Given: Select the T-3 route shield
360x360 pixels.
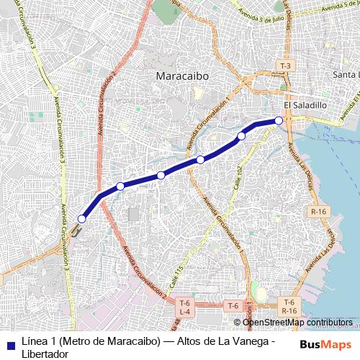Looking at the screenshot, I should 286,66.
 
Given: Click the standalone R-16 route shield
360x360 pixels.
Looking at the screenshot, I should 319,211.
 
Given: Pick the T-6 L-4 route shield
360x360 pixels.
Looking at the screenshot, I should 184,307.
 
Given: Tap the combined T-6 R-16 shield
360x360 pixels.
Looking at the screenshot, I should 289,305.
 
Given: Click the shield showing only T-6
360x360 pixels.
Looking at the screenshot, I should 233,305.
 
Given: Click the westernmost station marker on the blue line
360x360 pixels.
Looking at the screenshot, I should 82,218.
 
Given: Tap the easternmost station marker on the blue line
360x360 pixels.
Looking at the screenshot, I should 279,120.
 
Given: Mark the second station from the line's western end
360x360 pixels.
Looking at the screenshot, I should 120,186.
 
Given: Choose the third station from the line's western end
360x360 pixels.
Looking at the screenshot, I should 161,175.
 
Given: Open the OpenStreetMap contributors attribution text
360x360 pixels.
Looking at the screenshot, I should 297,323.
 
